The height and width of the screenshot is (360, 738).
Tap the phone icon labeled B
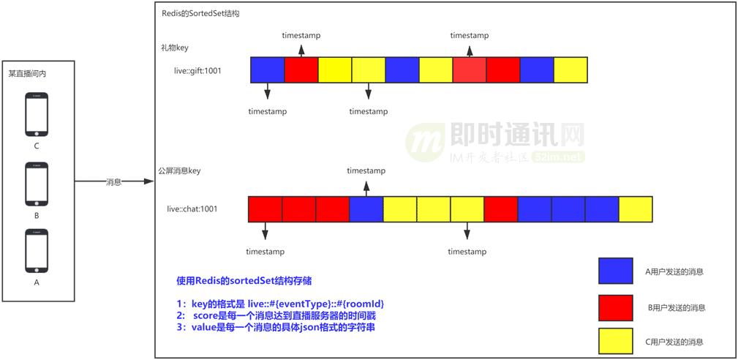pyautogui.click(x=37, y=184)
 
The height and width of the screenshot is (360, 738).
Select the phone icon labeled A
pyautogui.click(x=37, y=252)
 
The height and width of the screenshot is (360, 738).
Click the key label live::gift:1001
pyautogui.click(x=194, y=71)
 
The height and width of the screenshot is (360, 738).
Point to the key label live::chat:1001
pyautogui.click(x=192, y=209)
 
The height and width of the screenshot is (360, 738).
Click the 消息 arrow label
pyautogui.click(x=113, y=181)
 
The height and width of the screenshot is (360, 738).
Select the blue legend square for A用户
pyautogui.click(x=616, y=271)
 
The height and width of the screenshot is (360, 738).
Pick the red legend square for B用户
pyautogui.click(x=616, y=307)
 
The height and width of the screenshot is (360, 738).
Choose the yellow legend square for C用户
pyautogui.click(x=616, y=342)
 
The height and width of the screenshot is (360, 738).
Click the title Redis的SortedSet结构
pyautogui.click(x=200, y=14)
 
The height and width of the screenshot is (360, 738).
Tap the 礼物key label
pyautogui.click(x=175, y=48)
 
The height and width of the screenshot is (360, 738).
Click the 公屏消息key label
pyautogui.click(x=179, y=170)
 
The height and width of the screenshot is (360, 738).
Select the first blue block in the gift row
pyautogui.click(x=267, y=70)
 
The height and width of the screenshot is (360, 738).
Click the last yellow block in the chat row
pyautogui.click(x=636, y=209)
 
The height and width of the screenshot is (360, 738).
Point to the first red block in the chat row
pyautogui.click(x=265, y=209)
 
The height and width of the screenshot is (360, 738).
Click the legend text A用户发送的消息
pyautogui.click(x=674, y=271)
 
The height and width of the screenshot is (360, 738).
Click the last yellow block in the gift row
pyautogui.click(x=571, y=70)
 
